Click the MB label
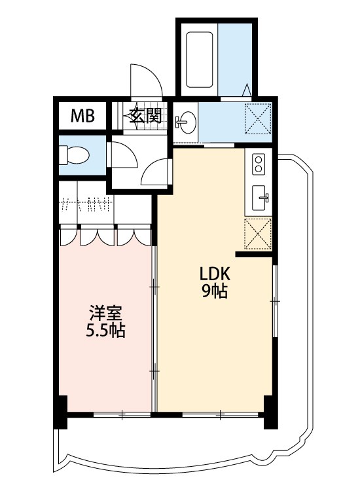[82, 116]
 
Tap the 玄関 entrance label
[146, 116]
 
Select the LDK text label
[215, 274]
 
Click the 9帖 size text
[215, 291]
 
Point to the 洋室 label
[106, 313]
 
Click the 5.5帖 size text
[105, 331]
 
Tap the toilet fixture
[75, 155]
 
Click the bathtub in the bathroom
[200, 60]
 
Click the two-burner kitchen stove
[259, 164]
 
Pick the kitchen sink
[261, 198]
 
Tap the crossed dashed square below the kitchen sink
[258, 234]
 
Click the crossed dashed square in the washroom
[258, 118]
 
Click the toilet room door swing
[124, 155]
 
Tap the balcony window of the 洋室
[122, 414]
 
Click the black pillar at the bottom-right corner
[270, 412]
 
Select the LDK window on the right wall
[274, 301]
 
